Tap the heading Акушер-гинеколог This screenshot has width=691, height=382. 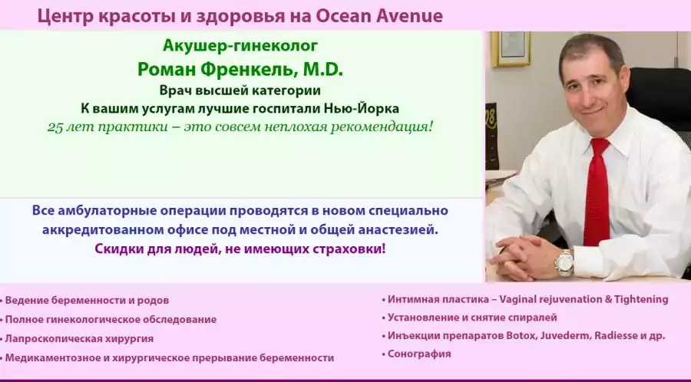click(240, 46)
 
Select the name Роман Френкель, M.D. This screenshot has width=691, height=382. click(240, 69)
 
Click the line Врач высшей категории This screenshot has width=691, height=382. click(240, 91)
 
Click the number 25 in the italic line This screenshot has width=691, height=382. click(55, 127)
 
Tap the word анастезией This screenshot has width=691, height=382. click(399, 229)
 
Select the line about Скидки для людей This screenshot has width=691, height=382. click(240, 249)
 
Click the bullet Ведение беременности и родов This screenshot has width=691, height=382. click(87, 300)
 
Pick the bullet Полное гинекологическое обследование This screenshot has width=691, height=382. click(111, 319)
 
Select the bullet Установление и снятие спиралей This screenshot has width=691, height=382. click(472, 317)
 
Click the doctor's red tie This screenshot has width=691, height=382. click(597, 192)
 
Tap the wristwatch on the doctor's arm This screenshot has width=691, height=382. click(565, 262)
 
